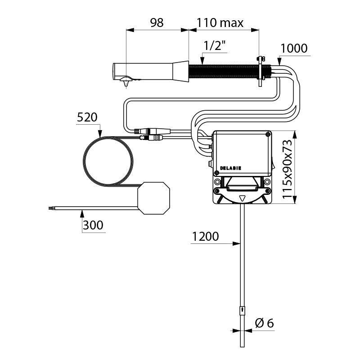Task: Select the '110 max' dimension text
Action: click(220, 22)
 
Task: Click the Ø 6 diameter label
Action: click(265, 323)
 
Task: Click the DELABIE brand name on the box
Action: click(231, 168)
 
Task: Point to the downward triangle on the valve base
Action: click(243, 198)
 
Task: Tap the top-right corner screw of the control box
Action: click(269, 134)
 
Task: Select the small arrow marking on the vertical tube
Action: click(242, 310)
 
